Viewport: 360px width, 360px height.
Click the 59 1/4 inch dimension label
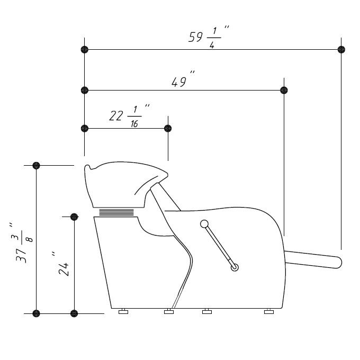pos(209,37)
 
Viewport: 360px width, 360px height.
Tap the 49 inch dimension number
pos(183,79)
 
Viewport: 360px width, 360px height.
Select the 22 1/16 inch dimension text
pos(129,116)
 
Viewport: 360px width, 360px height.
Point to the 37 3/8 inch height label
pos(22,242)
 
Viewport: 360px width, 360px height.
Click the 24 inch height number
pos(61,263)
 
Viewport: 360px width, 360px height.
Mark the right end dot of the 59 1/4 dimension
pos(341,49)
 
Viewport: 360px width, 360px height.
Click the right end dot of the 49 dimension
pos(284,90)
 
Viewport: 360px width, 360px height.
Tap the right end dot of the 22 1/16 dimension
pos(168,128)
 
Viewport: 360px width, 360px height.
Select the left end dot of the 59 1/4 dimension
pos(85,49)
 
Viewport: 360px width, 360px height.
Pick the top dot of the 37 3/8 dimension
pos(37,165)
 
